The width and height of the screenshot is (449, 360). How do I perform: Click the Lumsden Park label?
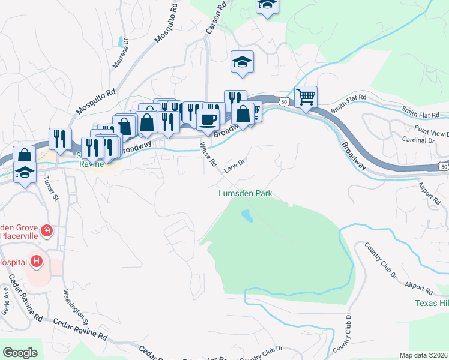pyautogui.click(x=245, y=194)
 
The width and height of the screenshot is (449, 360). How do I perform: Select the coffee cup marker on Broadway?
pyautogui.click(x=208, y=119)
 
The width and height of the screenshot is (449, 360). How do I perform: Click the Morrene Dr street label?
pyautogui.click(x=117, y=59)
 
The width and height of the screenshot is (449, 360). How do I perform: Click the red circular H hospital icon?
pyautogui.click(x=37, y=262)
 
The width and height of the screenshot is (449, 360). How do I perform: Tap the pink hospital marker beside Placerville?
pyautogui.click(x=46, y=230)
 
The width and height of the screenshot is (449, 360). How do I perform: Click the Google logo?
pyautogui.click(x=20, y=353)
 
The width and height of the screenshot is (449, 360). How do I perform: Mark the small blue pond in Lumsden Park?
pyautogui.click(x=246, y=215)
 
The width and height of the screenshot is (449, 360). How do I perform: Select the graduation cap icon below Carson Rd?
pyautogui.click(x=242, y=61)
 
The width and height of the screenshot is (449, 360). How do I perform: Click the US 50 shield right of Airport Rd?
pyautogui.click(x=443, y=165)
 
